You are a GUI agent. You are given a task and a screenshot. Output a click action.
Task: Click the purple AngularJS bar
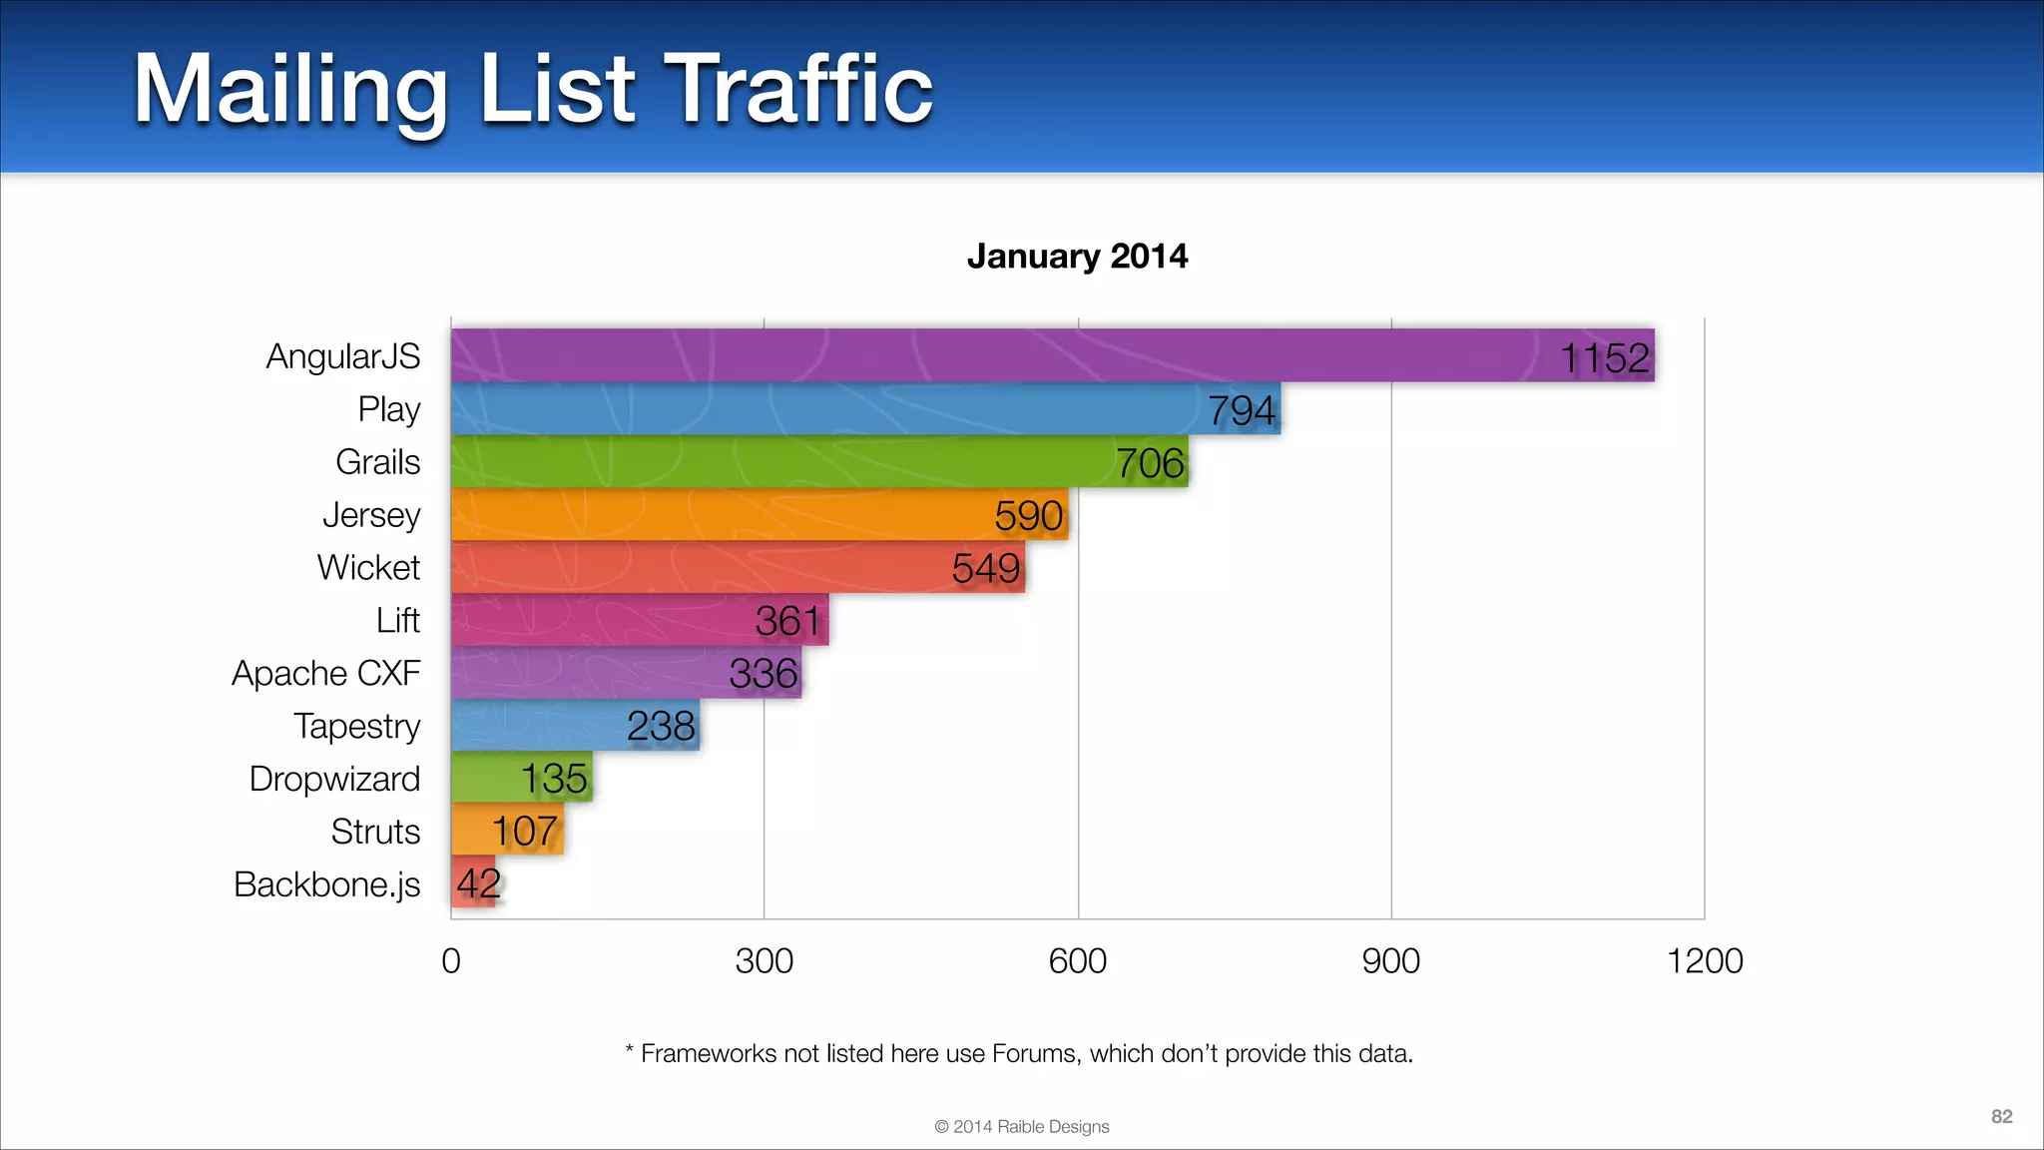(998, 355)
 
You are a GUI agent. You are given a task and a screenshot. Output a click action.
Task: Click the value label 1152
(1604, 357)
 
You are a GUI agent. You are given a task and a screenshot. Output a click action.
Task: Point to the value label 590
(1028, 515)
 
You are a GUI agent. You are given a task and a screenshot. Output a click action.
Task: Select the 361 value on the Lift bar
(787, 621)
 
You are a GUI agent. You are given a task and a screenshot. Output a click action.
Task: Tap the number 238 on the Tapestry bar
(660, 726)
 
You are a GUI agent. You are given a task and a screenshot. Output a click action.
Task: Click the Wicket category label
(368, 567)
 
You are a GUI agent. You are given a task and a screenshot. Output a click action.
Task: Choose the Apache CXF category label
(325, 673)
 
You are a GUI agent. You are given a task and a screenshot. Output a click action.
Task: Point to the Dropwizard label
(334, 779)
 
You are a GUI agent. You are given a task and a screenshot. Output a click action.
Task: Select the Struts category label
(375, 832)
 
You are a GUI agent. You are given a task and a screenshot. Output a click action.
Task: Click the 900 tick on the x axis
(1390, 960)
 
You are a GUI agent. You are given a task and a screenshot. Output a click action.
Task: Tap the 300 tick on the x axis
(764, 960)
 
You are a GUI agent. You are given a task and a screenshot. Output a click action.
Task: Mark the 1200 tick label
(1704, 960)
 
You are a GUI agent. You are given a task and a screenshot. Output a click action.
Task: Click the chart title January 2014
(1077, 257)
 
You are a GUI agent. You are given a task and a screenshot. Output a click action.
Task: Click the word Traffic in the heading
(797, 90)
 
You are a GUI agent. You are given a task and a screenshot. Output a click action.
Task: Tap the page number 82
(2001, 1116)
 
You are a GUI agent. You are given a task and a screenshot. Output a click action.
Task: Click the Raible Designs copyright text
(1021, 1126)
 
